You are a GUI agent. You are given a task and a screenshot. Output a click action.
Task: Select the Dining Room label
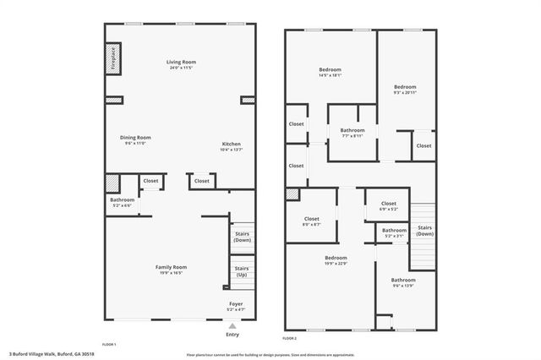(x=135, y=139)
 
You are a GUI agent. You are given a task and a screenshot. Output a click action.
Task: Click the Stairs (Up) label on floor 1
(x=242, y=272)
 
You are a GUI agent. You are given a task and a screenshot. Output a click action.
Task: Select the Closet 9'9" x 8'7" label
(x=312, y=221)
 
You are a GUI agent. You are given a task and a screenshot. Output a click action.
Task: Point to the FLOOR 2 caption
(x=290, y=338)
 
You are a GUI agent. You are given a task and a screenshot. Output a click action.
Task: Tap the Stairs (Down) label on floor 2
(x=425, y=230)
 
